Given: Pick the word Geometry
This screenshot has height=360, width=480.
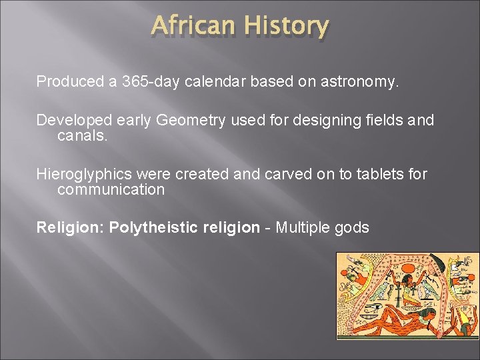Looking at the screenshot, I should [192, 121].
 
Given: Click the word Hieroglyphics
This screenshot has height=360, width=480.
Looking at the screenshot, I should [84, 175].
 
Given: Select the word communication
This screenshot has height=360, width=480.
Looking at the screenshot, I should [111, 190].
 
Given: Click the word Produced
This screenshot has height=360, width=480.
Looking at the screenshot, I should [67, 82].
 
